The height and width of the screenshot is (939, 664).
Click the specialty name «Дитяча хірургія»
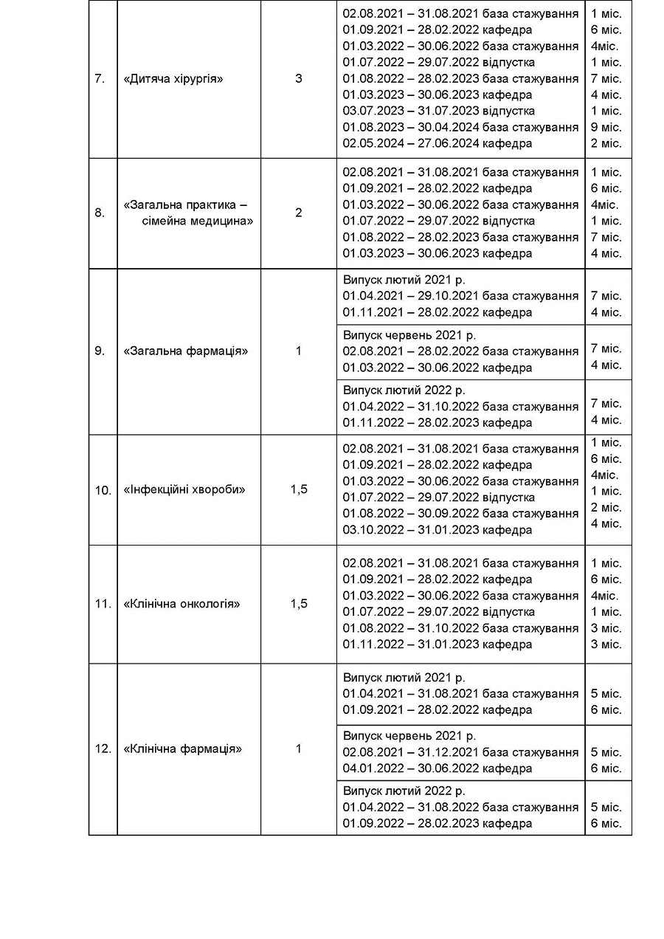173,79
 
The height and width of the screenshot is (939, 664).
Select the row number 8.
100,213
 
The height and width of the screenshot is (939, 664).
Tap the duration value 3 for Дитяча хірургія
299,79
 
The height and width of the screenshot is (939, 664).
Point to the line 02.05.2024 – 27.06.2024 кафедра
437,144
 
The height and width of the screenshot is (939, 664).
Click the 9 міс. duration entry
606,128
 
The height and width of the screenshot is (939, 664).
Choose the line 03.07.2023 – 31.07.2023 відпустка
438,111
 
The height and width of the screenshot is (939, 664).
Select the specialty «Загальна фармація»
185,351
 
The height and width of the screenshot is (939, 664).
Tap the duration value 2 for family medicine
299,213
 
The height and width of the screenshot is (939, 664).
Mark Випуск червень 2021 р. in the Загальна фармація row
409,335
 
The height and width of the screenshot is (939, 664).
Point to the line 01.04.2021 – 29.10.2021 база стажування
460,296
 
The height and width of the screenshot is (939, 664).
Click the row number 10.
103,490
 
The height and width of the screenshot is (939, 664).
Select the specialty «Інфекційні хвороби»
184,490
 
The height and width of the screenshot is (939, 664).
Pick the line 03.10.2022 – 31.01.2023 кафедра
437,530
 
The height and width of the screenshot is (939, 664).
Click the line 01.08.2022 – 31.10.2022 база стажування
460,628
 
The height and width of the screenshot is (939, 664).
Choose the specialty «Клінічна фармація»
183,749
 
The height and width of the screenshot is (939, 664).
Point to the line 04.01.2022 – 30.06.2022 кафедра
437,768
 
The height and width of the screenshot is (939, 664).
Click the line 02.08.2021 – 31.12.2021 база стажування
460,752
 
